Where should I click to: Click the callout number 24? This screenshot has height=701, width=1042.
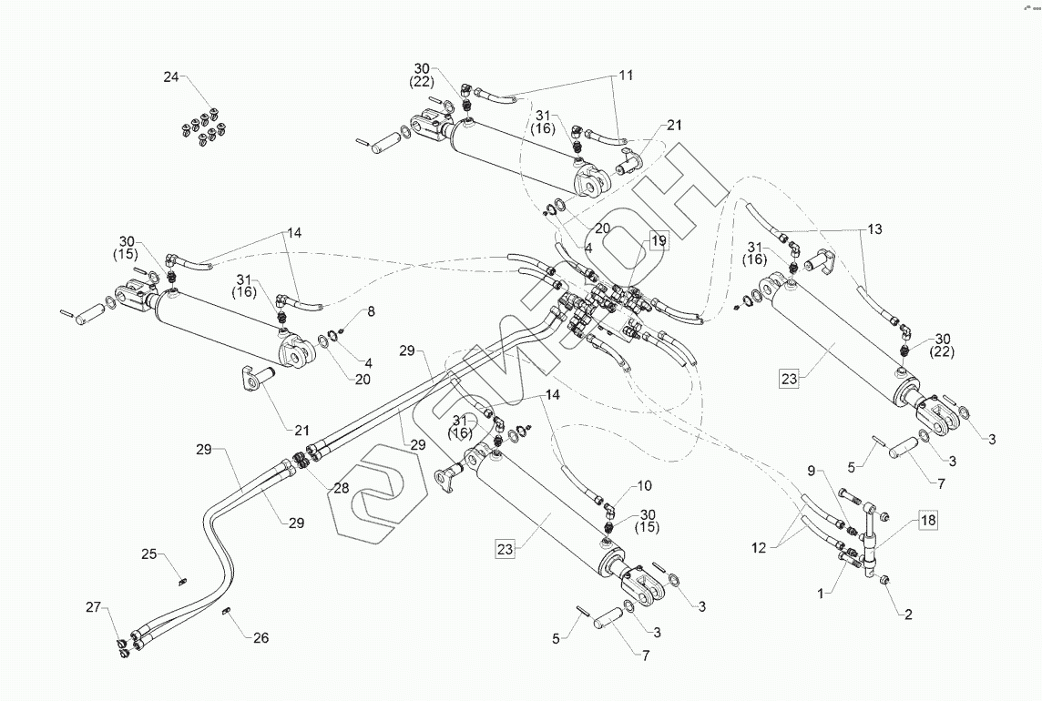(171, 77)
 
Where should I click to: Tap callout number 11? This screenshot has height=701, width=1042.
(626, 75)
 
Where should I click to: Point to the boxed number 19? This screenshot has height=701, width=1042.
(659, 240)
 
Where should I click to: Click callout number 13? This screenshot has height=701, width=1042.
(874, 229)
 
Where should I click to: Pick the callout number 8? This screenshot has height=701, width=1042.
(371, 311)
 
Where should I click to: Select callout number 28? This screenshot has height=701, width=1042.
(341, 488)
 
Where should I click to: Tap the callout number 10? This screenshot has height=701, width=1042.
(645, 486)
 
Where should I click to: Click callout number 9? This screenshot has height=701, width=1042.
(811, 471)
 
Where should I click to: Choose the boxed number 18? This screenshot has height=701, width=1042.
(928, 520)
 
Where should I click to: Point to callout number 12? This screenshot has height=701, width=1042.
(758, 548)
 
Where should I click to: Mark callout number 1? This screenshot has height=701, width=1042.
(821, 594)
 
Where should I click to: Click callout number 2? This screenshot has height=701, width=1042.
(908, 615)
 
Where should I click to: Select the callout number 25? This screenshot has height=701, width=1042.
(148, 554)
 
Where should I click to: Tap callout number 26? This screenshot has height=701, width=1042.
(261, 638)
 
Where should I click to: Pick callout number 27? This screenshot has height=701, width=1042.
(93, 606)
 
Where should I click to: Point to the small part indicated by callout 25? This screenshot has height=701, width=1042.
(182, 583)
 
